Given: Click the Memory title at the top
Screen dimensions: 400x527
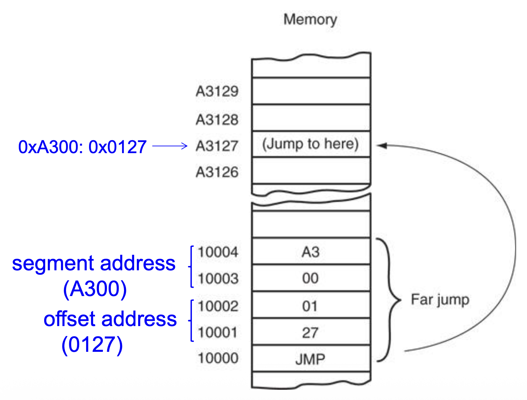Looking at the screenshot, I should click(310, 19).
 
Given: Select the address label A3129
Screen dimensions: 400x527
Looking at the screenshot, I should click(217, 91).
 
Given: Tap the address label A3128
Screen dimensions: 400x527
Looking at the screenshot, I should click(217, 119).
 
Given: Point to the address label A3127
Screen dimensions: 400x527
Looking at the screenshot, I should click(217, 146).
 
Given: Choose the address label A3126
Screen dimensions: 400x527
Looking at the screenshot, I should click(217, 172).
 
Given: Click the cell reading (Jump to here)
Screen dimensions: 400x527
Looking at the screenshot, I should click(310, 144).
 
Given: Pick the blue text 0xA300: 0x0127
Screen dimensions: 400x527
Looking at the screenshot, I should click(82, 147).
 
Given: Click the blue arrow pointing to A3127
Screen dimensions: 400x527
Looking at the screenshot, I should click(170, 146).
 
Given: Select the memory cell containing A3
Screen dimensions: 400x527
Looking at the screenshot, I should click(311, 252).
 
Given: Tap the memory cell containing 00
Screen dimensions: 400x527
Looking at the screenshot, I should click(311, 278).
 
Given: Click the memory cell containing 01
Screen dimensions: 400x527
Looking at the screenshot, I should click(311, 306).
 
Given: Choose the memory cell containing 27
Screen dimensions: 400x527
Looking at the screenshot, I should click(311, 333).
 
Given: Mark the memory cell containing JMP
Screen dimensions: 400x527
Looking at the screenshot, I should click(311, 359).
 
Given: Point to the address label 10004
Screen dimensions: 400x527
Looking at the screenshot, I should click(218, 252).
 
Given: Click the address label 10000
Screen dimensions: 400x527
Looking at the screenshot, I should click(218, 358).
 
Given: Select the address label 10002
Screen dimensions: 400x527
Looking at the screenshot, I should click(218, 306).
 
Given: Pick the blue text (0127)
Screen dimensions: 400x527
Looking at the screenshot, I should click(92, 345).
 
